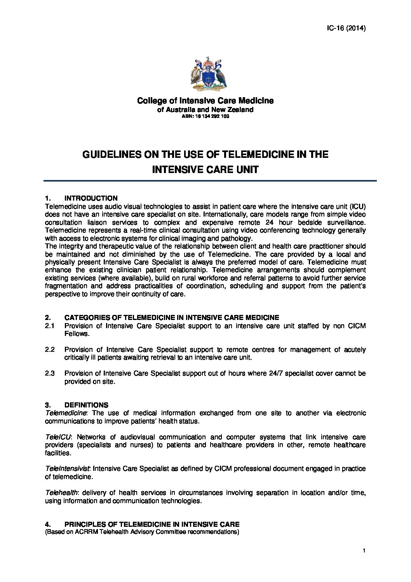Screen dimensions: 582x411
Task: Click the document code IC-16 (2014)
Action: point(345,28)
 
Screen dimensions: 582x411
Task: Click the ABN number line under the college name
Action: point(205,117)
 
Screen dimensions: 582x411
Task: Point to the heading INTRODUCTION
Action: point(91,198)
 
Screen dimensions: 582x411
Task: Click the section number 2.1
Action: point(50,326)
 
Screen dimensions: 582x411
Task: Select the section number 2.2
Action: point(50,350)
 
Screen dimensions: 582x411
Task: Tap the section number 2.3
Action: point(50,374)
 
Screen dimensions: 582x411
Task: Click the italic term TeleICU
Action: point(56,437)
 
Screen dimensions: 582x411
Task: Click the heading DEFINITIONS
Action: point(86,405)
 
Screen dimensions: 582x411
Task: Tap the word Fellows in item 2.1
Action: point(77,334)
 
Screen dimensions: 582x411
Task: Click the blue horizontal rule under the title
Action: point(210,181)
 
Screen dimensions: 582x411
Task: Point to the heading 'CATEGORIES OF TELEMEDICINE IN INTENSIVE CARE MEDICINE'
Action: point(171,318)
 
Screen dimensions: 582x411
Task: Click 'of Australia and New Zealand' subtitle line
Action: point(205,110)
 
